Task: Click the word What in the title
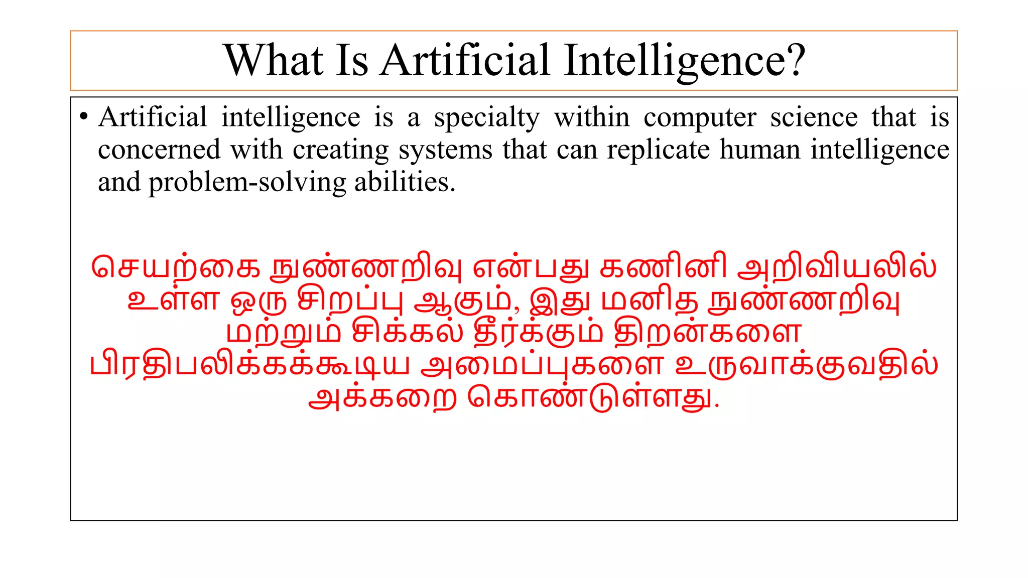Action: coord(274,60)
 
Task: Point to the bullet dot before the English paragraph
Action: coord(84,117)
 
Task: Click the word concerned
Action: coord(159,150)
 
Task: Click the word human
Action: coord(759,150)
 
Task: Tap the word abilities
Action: coord(405,182)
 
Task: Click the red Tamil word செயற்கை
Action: coord(176,268)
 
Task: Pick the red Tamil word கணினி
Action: coord(663,268)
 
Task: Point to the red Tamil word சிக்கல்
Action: coord(407,333)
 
